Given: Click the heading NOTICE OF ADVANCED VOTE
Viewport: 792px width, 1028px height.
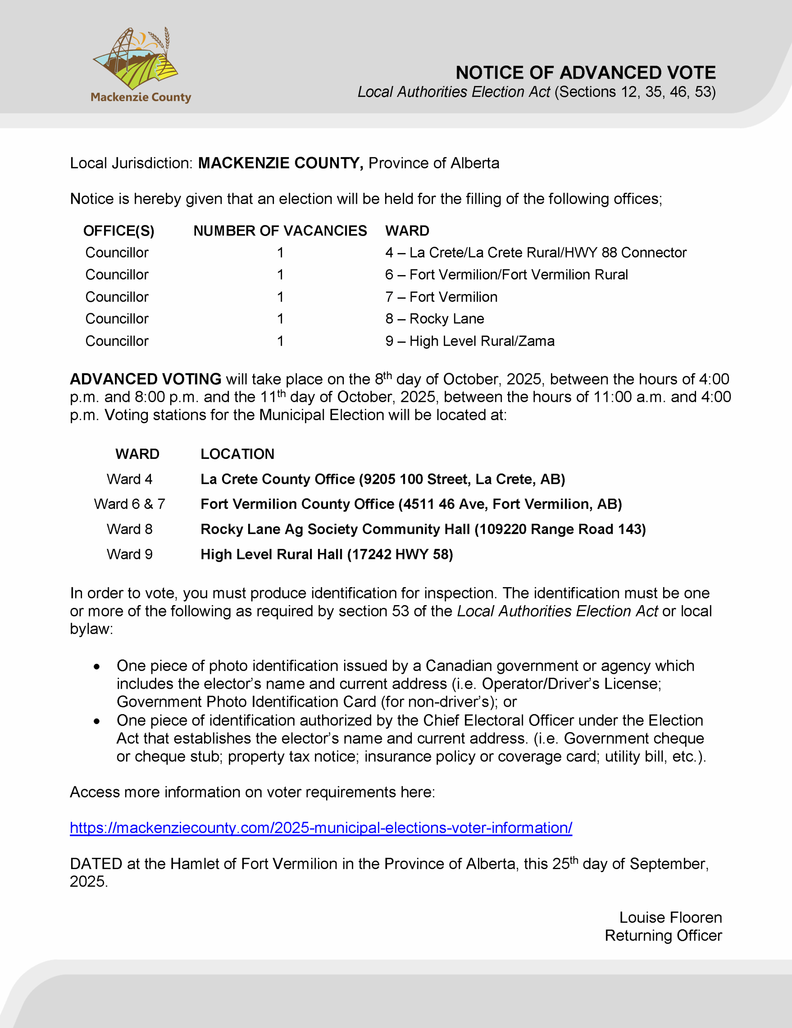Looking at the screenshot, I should [585, 73].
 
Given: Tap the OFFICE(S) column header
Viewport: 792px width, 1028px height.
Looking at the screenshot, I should [118, 230].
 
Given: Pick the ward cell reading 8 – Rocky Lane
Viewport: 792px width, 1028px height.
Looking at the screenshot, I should [434, 319].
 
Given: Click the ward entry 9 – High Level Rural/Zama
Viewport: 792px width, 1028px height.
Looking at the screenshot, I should [469, 341].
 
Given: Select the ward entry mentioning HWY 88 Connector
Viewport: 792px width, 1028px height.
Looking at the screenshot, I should [535, 253].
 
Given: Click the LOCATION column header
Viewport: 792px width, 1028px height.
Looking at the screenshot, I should [237, 454].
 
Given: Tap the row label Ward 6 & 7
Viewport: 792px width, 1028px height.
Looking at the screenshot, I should [129, 504].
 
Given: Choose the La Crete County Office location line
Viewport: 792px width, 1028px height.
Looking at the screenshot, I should [382, 479].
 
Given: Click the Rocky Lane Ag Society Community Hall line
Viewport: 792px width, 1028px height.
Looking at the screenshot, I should [423, 529].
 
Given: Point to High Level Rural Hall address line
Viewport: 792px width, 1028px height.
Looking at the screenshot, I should [326, 555].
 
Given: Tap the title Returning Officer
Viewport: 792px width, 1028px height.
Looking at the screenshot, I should [663, 936].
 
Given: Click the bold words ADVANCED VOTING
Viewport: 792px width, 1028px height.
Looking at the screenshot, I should [145, 379].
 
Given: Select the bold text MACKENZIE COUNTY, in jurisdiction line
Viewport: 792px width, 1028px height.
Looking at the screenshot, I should [280, 163].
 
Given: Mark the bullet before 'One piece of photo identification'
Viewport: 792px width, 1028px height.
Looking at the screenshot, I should [96, 667].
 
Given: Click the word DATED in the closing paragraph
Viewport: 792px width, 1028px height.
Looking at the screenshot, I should [96, 864].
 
